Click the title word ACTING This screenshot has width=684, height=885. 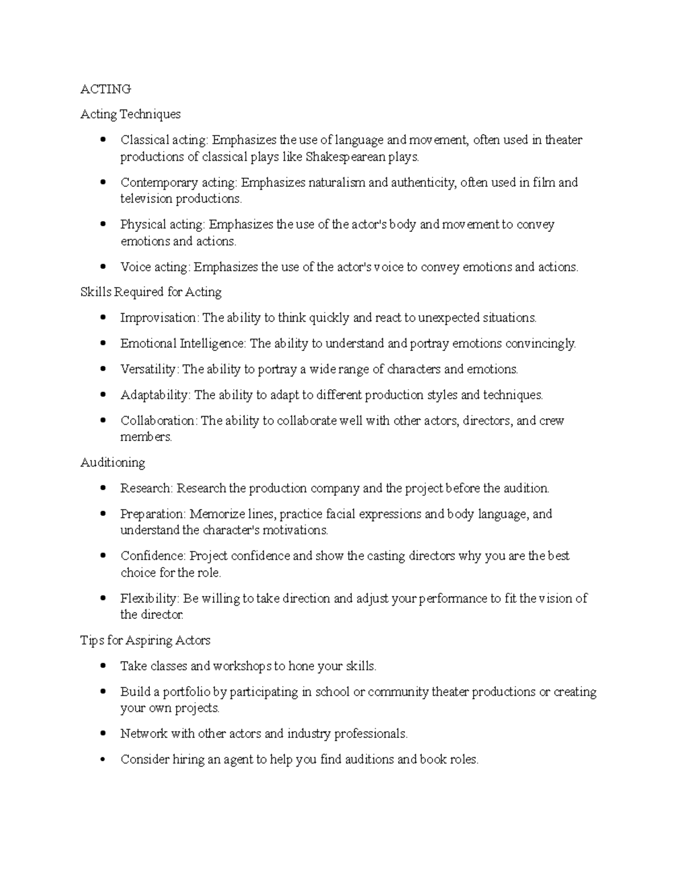pyautogui.click(x=105, y=89)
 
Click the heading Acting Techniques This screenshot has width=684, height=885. pyautogui.click(x=131, y=114)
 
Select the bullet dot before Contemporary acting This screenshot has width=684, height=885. pyautogui.click(x=103, y=182)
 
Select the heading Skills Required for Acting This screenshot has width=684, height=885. pyautogui.click(x=151, y=292)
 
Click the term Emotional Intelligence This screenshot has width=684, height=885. pyautogui.click(x=182, y=343)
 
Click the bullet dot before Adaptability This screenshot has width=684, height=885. pyautogui.click(x=103, y=394)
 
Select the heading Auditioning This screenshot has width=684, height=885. pyautogui.click(x=113, y=462)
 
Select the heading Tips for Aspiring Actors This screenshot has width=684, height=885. pyautogui.click(x=145, y=640)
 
